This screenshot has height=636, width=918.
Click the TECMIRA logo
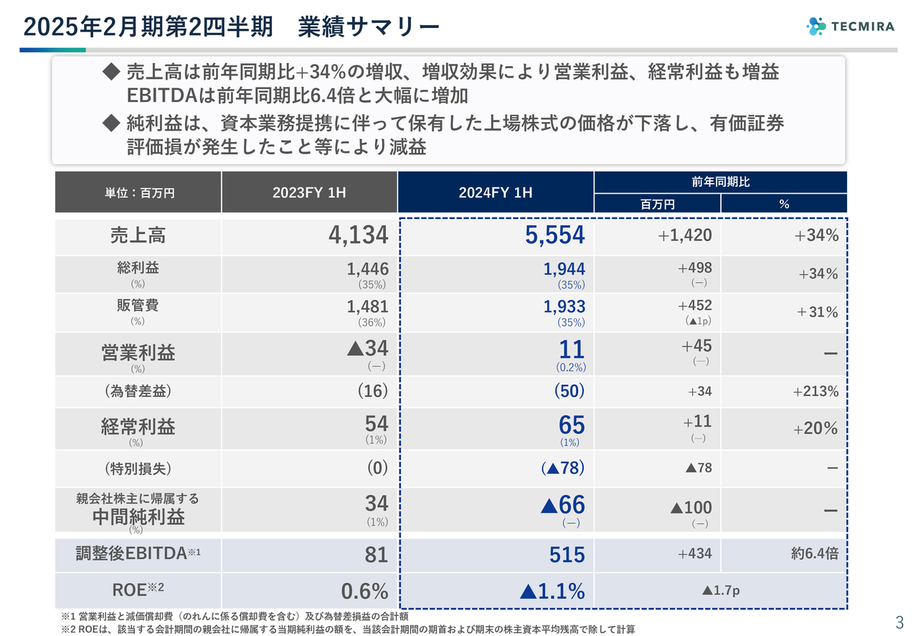tap(850, 27)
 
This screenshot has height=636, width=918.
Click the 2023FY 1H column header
tap(309, 192)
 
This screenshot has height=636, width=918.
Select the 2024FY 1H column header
tap(495, 192)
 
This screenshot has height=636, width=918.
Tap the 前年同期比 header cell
tap(720, 182)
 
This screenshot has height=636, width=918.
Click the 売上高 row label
tap(138, 235)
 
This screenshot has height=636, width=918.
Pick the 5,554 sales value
tap(555, 235)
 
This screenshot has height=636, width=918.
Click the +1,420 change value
tap(685, 235)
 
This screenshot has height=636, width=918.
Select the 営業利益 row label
tap(138, 352)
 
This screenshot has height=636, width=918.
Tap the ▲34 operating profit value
tap(366, 348)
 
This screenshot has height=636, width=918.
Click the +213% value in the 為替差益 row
tap(815, 391)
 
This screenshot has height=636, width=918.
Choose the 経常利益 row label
tap(138, 427)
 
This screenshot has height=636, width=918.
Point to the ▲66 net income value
tap(562, 505)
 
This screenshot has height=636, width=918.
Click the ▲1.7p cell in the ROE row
tap(720, 591)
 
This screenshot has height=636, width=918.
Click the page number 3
tap(899, 622)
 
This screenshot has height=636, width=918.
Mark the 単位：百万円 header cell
tap(138, 192)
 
